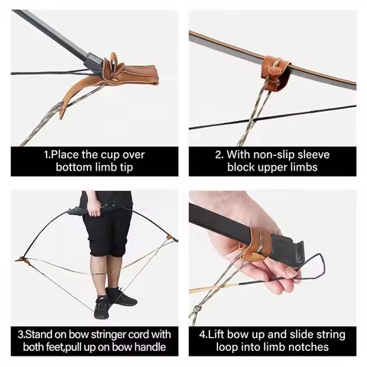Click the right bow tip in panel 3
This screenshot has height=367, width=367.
point(174,239)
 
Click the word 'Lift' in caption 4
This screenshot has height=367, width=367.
point(229,335)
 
